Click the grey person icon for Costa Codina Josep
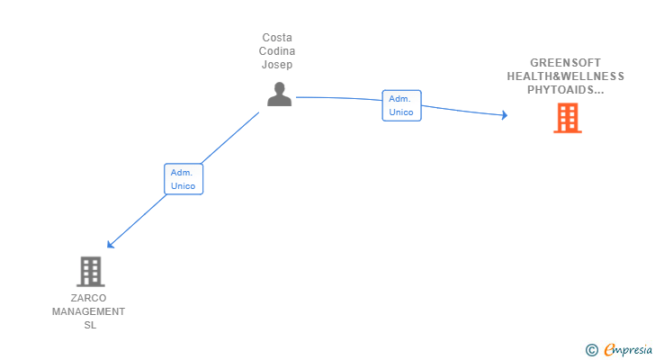pyautogui.click(x=279, y=94)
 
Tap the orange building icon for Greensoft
pyautogui.click(x=567, y=118)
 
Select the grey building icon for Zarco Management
pyautogui.click(x=90, y=271)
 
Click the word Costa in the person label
pyautogui.click(x=277, y=38)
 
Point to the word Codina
pyautogui.click(x=277, y=51)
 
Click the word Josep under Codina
pyautogui.click(x=277, y=65)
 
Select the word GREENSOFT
pyautogui.click(x=565, y=63)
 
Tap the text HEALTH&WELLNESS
pyautogui.click(x=565, y=76)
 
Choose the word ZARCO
pyautogui.click(x=88, y=298)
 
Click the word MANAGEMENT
pyautogui.click(x=88, y=311)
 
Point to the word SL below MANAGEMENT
pyautogui.click(x=88, y=325)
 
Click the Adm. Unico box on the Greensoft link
pyautogui.click(x=401, y=105)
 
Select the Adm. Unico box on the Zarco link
pyautogui.click(x=184, y=178)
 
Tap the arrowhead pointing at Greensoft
pyautogui.click(x=504, y=115)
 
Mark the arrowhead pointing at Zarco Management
pyautogui.click(x=111, y=244)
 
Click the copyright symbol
pyautogui.click(x=591, y=350)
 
